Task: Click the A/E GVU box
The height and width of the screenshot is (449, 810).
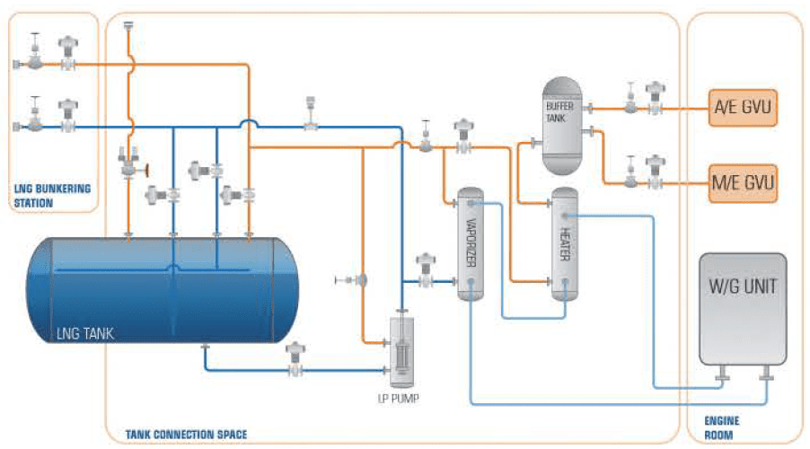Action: coord(743,108)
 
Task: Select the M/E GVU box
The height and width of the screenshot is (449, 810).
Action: coord(743,183)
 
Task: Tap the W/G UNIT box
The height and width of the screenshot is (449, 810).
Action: coord(743,309)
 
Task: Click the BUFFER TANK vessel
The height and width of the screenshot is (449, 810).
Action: coord(562,126)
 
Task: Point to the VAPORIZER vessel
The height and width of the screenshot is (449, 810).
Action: coord(471,244)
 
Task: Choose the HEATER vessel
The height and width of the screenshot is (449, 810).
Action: coord(565,244)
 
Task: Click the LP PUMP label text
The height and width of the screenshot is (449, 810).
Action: coord(399,399)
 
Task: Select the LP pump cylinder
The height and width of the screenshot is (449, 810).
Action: coord(401,352)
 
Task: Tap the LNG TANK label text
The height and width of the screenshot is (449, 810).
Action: coord(84,333)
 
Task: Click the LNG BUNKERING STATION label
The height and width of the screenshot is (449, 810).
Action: coord(52,196)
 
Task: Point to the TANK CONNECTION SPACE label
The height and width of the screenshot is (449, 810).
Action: coord(186,435)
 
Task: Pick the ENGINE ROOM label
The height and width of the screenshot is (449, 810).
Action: coord(722,427)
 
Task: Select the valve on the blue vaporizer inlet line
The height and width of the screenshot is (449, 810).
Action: coord(426,270)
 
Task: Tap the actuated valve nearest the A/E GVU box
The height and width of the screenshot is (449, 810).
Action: coord(655,98)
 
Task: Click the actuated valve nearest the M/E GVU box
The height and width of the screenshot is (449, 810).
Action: coord(655,172)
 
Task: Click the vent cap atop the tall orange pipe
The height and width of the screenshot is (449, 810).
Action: coord(128,25)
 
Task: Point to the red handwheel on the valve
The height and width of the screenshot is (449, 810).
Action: coord(147,170)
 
